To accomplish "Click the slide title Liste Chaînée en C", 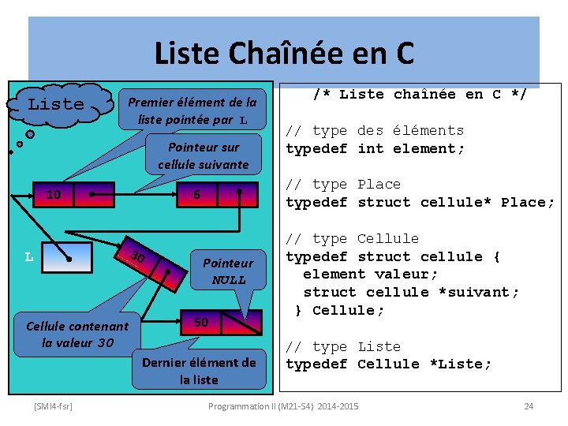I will pyautogui.click(x=283, y=53).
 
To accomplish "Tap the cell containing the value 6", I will pyautogui.click(x=197, y=195).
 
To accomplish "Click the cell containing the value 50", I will pyautogui.click(x=202, y=322).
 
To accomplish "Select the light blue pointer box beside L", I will pyautogui.click(x=67, y=257).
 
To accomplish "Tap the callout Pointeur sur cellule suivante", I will pyautogui.click(x=203, y=155).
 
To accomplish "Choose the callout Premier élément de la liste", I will pyautogui.click(x=192, y=110).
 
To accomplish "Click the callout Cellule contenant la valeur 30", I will pyautogui.click(x=77, y=334).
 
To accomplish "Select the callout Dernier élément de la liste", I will pyautogui.click(x=199, y=370).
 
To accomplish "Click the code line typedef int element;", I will pyautogui.click(x=375, y=148).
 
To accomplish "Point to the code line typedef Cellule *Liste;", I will pyautogui.click(x=388, y=364).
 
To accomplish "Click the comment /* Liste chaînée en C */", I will pyautogui.click(x=419, y=94).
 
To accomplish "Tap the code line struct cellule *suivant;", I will pyautogui.click(x=411, y=292).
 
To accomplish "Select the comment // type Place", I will pyautogui.click(x=343, y=184).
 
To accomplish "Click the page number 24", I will pyautogui.click(x=529, y=405).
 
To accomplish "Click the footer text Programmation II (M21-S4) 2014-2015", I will pyautogui.click(x=283, y=405).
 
